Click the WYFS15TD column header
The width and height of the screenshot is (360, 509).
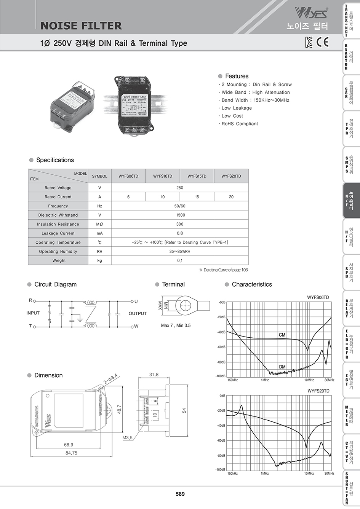[x=197, y=176]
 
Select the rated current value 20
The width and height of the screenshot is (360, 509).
[x=231, y=197]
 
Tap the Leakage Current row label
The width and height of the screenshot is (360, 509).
[x=58, y=233]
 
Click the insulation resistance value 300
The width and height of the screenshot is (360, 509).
[x=180, y=224]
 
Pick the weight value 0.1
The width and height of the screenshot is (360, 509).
[x=180, y=261]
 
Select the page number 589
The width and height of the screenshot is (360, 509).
[x=180, y=494]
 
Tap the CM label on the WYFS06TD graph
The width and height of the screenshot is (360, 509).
[x=282, y=335]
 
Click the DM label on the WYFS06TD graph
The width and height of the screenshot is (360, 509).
[x=282, y=367]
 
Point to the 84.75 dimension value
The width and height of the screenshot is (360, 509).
[x=71, y=453]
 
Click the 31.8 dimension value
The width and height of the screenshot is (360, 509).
[x=154, y=375]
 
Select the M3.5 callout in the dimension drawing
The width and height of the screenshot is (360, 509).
[x=128, y=438]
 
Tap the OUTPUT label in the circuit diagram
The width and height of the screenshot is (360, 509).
[x=138, y=313]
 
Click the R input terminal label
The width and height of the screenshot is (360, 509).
[x=30, y=300]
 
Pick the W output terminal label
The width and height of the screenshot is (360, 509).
[x=136, y=326]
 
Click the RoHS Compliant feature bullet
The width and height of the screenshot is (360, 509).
[x=240, y=124]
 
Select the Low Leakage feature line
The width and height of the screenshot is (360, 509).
[x=237, y=108]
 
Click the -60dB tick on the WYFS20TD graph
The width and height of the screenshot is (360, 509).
[x=221, y=440]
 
